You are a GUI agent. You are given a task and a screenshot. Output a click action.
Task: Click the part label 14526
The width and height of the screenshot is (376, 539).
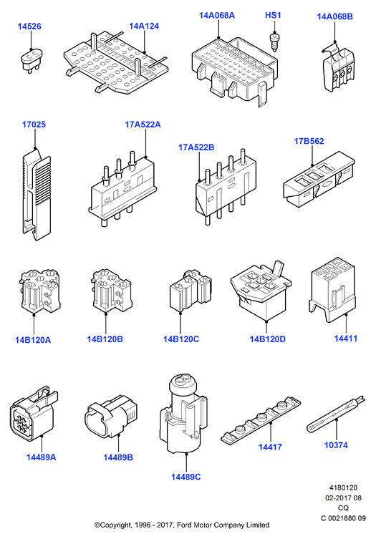[29, 26]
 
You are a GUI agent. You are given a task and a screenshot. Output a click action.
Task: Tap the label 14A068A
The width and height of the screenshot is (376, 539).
[217, 16]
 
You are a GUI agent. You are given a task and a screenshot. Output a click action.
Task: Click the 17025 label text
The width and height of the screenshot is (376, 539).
[34, 125]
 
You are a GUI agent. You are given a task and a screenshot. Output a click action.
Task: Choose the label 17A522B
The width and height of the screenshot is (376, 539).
[196, 147]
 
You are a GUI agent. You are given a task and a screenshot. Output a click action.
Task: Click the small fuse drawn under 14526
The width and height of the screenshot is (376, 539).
[32, 61]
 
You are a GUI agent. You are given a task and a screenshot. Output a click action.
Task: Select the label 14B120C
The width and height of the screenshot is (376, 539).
[181, 339]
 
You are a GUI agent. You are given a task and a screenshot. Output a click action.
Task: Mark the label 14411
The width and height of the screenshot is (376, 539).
[346, 339]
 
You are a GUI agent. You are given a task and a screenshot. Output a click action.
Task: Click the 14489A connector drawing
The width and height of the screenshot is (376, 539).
[34, 414]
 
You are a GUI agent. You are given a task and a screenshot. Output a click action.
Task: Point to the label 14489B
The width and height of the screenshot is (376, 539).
[118, 457]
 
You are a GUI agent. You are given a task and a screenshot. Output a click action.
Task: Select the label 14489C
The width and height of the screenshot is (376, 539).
[185, 477]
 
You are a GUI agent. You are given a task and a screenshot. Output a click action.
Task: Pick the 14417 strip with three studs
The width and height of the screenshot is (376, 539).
[261, 421]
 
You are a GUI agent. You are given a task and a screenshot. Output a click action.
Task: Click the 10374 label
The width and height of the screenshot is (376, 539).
[336, 445]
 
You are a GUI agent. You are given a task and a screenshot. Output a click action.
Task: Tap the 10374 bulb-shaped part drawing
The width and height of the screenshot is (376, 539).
[335, 414]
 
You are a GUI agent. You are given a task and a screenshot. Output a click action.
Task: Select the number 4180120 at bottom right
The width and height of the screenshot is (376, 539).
[343, 487]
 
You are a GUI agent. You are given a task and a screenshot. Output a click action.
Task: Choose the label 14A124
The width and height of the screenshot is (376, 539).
[144, 26]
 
